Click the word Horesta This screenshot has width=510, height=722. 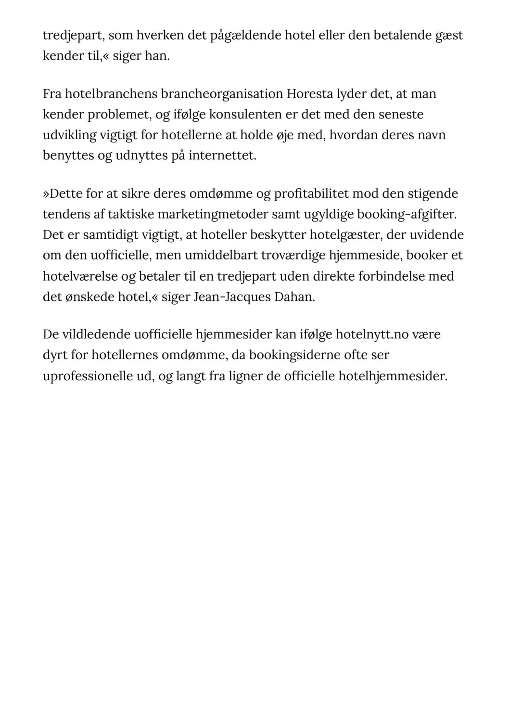click(309, 93)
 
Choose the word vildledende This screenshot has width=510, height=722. click(93, 334)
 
